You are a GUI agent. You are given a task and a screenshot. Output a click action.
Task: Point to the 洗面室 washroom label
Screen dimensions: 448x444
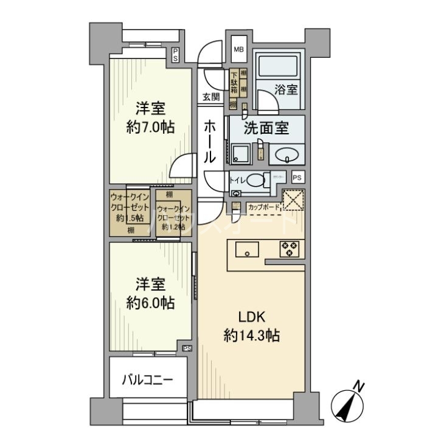(266, 128)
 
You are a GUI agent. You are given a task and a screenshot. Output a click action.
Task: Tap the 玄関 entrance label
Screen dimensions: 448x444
(211, 98)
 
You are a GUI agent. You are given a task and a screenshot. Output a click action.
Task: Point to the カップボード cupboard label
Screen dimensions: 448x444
(264, 207)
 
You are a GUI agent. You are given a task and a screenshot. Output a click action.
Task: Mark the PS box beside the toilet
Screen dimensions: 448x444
(297, 177)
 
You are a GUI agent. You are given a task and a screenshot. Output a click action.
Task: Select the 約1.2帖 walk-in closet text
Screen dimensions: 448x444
(173, 227)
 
